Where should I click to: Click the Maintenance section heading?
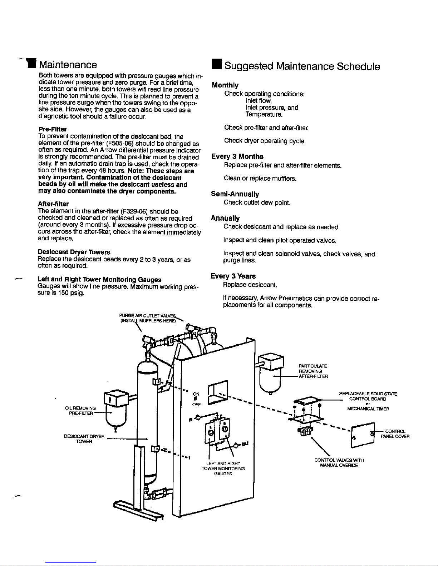click(68, 65)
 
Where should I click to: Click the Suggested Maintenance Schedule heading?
click(302, 66)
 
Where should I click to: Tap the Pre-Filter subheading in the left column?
click(53, 129)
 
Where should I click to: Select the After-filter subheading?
click(53, 204)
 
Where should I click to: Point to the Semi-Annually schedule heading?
click(235, 194)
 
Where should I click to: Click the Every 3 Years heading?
click(233, 276)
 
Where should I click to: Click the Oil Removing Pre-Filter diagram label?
click(80, 411)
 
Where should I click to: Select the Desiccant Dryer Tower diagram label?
click(84, 439)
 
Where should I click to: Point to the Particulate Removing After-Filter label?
click(313, 371)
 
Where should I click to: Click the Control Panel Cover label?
click(395, 434)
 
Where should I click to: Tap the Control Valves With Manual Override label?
click(339, 463)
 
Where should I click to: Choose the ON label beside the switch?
click(196, 394)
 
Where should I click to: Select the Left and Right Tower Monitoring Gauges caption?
click(223, 469)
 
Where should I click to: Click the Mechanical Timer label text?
click(368, 409)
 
